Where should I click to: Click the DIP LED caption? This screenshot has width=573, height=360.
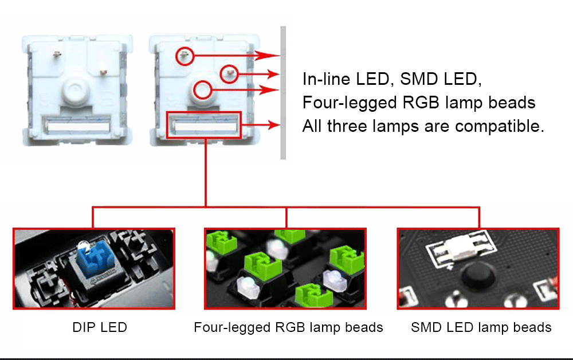[100, 327]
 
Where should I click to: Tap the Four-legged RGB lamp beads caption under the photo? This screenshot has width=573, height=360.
[288, 327]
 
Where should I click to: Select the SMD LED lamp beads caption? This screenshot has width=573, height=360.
[481, 327]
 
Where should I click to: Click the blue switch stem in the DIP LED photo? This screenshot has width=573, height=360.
[95, 258]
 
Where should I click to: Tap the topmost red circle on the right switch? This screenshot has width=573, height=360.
[185, 56]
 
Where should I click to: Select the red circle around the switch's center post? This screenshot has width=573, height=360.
[202, 90]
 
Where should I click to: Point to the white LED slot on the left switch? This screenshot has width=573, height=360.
[77, 126]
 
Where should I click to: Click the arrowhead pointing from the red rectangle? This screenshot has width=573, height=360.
[274, 125]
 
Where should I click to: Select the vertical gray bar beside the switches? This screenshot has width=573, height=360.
[283, 93]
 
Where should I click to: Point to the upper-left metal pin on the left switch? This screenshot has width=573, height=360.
[57, 54]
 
